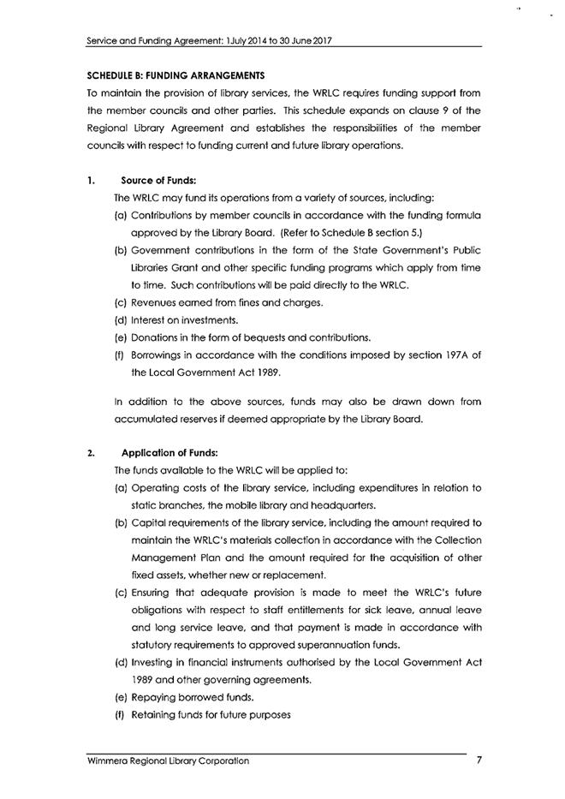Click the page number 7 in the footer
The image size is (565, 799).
click(480, 760)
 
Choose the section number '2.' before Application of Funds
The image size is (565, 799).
click(90, 453)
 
